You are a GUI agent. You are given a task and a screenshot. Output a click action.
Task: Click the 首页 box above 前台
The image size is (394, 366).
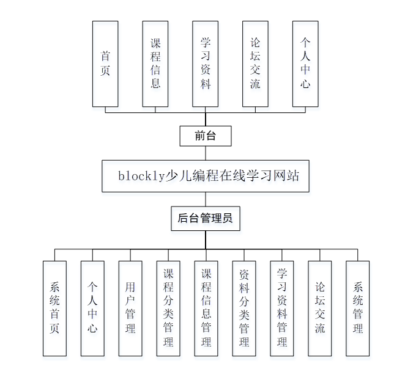click(105, 64)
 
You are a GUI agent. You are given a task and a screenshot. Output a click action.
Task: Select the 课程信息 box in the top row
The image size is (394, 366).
click(155, 64)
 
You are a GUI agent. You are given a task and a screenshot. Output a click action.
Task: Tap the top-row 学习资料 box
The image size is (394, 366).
click(206, 64)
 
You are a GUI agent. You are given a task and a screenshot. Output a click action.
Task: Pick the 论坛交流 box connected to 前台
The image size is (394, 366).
click(255, 64)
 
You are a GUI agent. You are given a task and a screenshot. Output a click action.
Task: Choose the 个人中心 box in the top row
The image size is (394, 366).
click(305, 64)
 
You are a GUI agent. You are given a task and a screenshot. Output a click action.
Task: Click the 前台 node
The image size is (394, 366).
click(206, 136)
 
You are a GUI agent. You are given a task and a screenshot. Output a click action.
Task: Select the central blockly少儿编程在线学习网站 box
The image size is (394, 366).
click(206, 176)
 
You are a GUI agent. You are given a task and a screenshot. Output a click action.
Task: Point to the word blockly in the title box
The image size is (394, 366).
click(141, 176)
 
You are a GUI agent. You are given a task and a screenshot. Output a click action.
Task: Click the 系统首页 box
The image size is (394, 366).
click(54, 308)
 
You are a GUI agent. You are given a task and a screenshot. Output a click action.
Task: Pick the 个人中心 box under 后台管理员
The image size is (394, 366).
click(92, 308)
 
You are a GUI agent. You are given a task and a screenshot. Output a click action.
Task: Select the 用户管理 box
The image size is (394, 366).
click(130, 308)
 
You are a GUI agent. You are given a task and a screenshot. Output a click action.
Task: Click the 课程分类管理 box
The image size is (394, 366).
click(168, 308)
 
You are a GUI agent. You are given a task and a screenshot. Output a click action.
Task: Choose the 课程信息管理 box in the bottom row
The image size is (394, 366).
click(206, 308)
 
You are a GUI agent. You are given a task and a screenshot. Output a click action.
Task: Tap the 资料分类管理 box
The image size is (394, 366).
click(244, 308)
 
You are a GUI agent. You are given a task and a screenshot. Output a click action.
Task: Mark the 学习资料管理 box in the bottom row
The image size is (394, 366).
click(282, 308)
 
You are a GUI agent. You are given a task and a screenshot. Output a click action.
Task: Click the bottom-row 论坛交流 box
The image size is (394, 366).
click(320, 308)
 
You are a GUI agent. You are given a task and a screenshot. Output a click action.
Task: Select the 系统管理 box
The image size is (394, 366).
click(358, 308)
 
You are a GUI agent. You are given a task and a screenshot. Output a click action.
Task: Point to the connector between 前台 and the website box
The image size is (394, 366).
click(206, 153)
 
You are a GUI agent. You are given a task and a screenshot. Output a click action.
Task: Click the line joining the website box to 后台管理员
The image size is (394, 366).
click(206, 199)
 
